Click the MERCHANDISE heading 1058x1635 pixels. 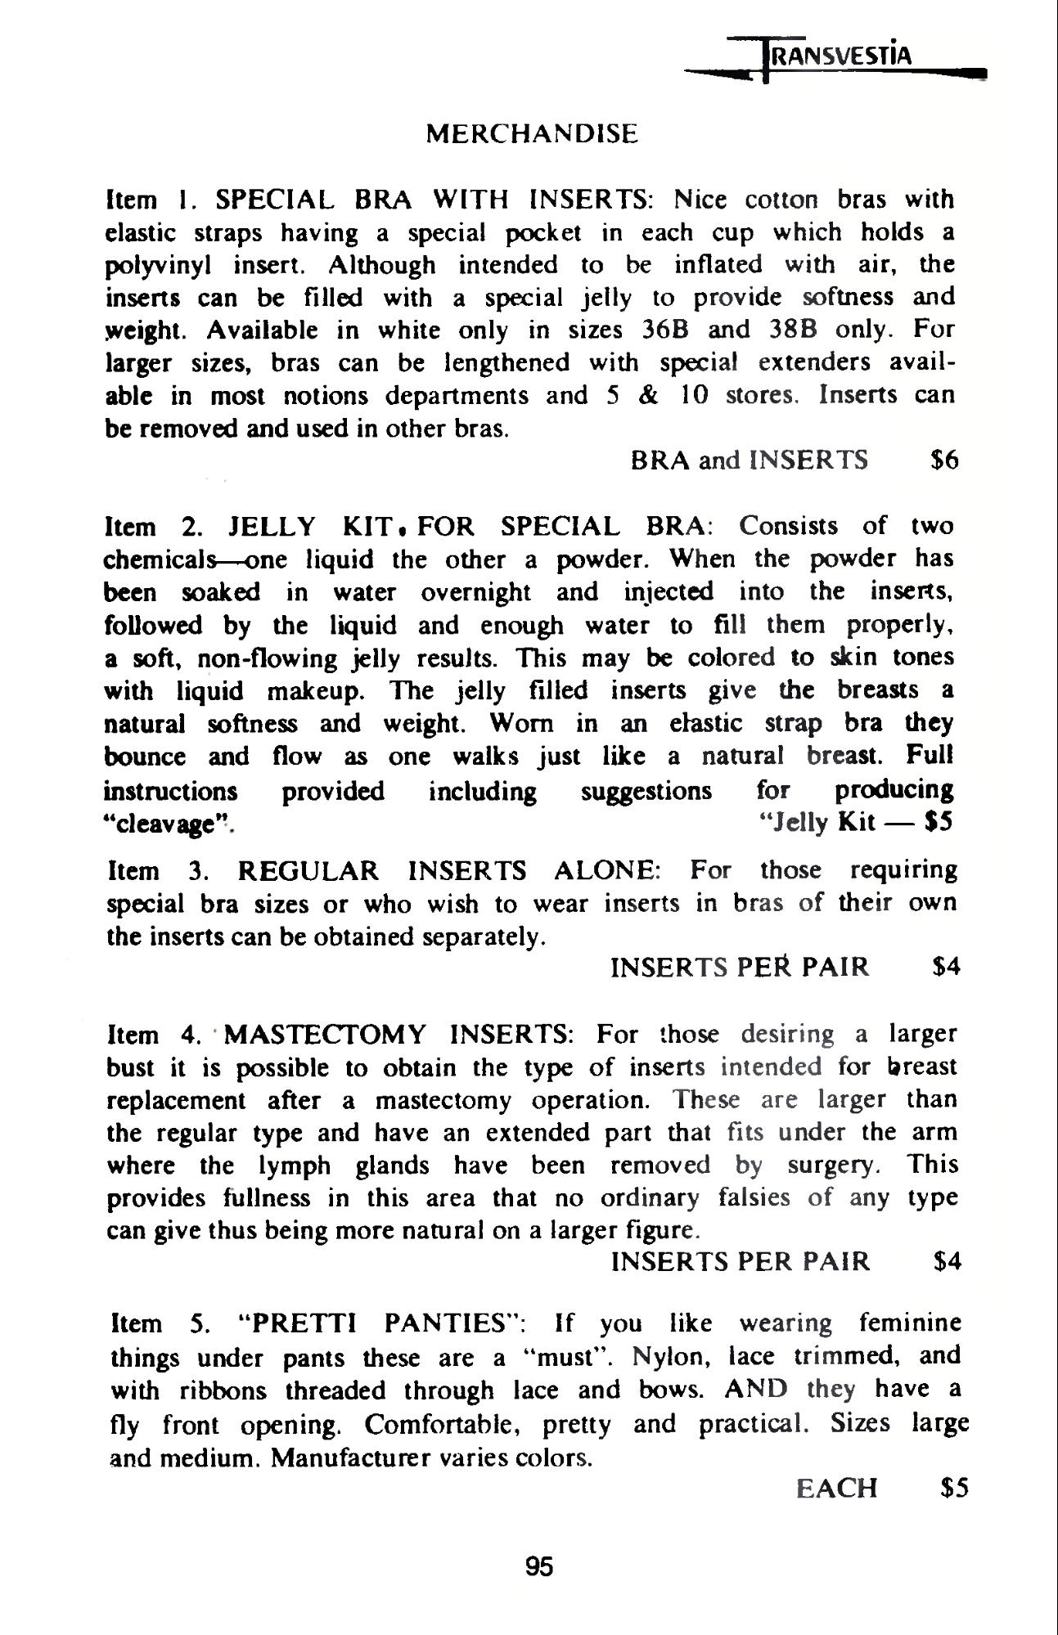[532, 134]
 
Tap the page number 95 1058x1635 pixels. [539, 1566]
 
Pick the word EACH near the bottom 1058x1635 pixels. [836, 1488]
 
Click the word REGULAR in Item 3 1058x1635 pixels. [308, 870]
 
